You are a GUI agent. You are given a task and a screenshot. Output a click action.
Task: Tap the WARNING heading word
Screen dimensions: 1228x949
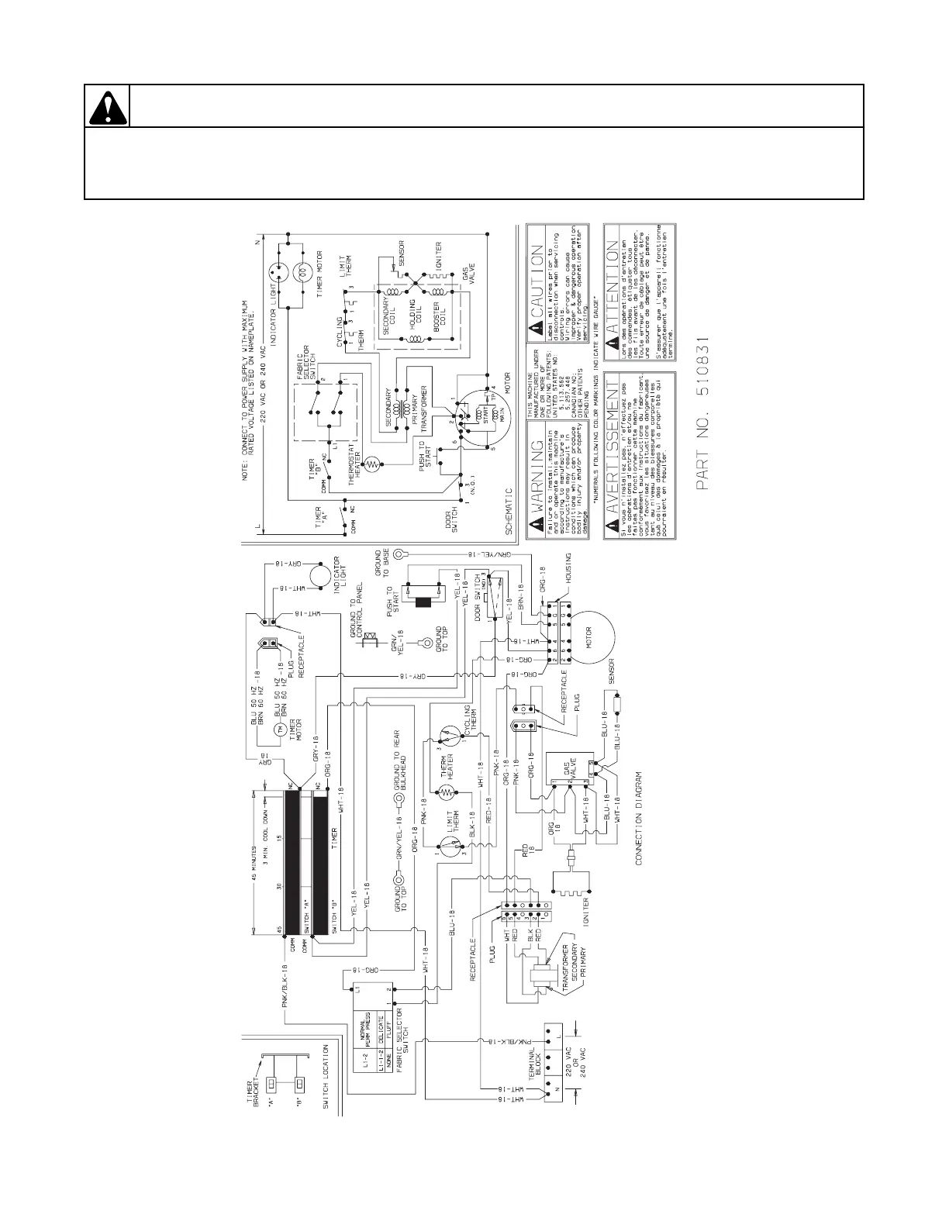535,473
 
